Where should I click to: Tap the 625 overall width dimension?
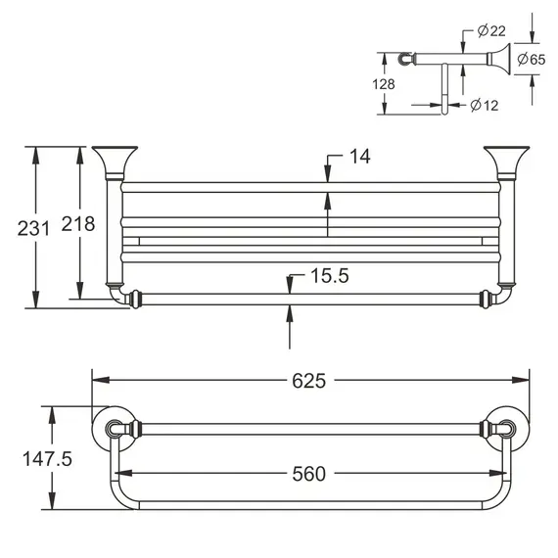point(309,380)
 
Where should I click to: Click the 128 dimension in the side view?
point(386,84)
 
